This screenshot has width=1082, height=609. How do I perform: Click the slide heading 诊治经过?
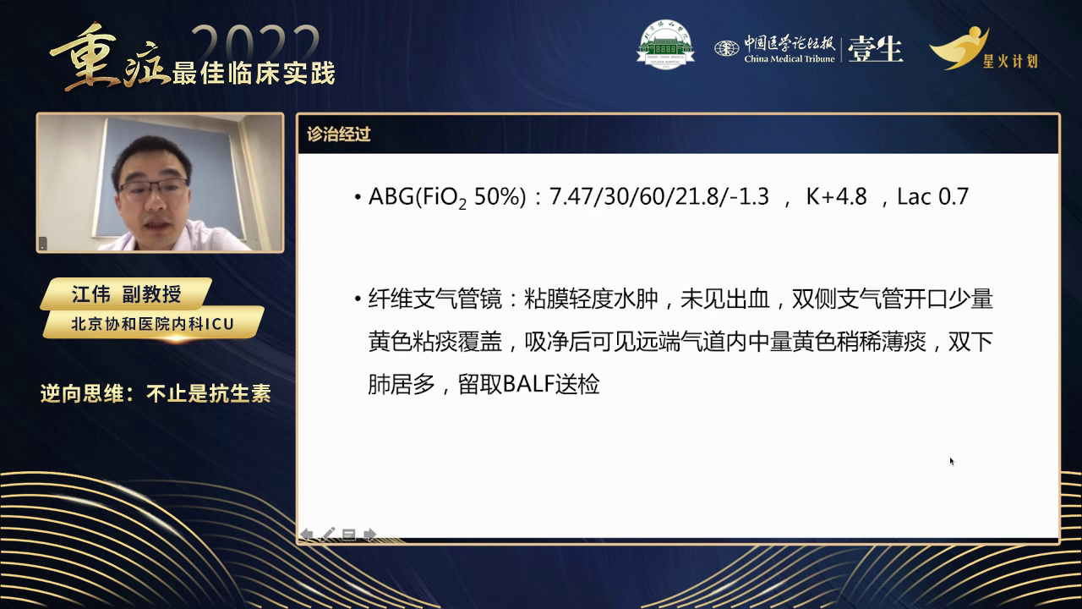point(339,134)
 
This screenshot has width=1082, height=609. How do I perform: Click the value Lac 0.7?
point(932,197)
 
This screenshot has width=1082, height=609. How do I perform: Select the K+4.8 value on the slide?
point(836,197)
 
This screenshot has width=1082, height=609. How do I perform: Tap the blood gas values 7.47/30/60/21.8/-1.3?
point(659,197)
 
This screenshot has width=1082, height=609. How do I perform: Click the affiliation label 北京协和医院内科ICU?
point(152,323)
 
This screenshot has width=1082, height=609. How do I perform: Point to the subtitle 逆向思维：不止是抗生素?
point(156,393)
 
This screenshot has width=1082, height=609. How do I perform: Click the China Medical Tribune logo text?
point(789,51)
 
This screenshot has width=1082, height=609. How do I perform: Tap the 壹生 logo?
point(875,50)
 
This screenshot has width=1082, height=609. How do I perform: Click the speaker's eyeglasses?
point(154,187)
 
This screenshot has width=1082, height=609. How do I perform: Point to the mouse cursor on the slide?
point(952,461)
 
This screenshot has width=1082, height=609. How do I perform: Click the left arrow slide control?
point(307,534)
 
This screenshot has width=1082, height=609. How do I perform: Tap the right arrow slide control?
point(369,534)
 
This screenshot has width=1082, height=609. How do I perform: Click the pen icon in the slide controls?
point(328,534)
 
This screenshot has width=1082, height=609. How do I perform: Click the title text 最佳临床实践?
point(254,73)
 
